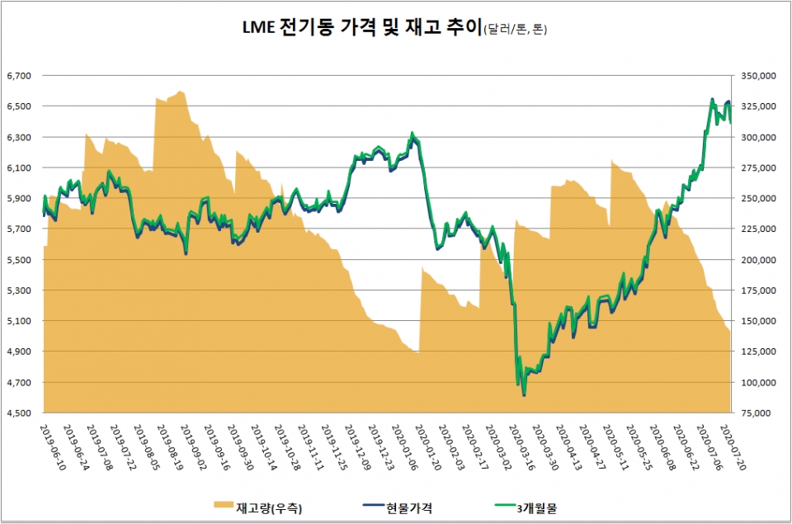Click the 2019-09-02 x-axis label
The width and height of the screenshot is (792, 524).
point(189,446)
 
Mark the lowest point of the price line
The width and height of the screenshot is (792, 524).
point(524,395)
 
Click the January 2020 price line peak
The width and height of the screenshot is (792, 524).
point(412,133)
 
